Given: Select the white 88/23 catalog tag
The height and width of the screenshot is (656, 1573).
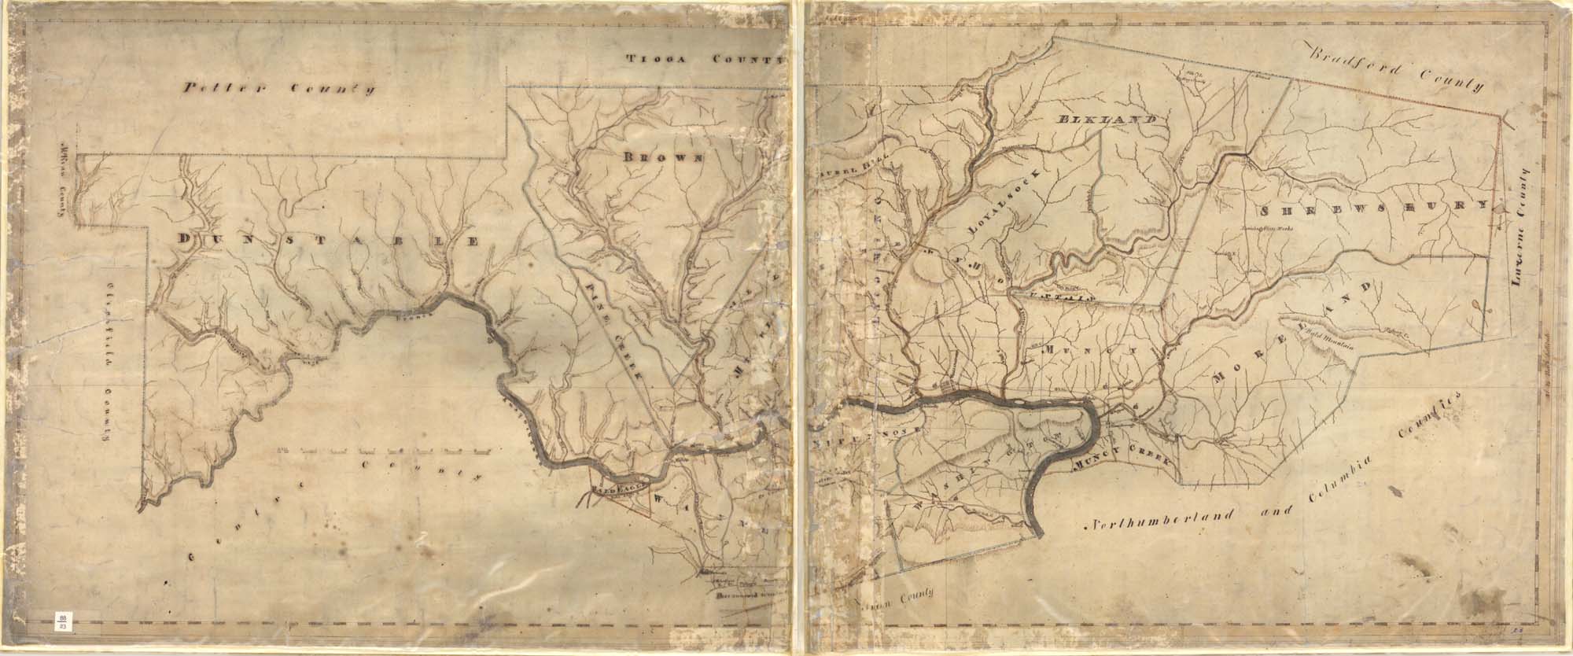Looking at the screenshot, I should click(61, 622).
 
